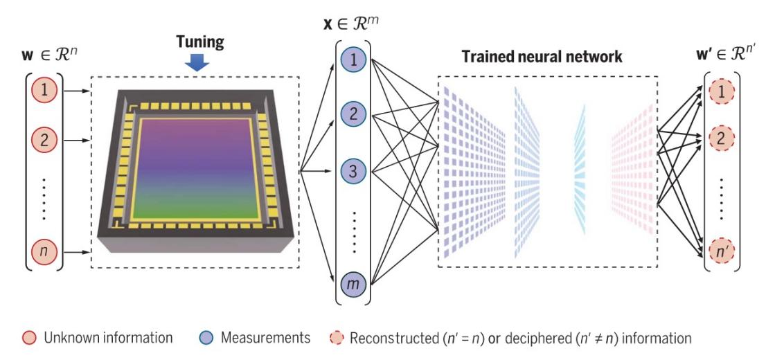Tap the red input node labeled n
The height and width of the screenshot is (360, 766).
pyautogui.click(x=44, y=251)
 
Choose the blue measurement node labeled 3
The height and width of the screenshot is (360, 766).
pyautogui.click(x=353, y=170)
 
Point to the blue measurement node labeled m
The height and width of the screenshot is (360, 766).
pyautogui.click(x=353, y=282)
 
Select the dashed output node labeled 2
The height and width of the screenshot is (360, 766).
pyautogui.click(x=721, y=139)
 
